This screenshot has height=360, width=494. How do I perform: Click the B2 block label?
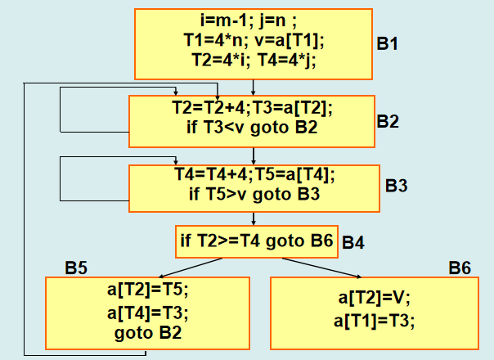pyautogui.click(x=388, y=122)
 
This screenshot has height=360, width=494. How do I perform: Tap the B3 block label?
pyautogui.click(x=396, y=186)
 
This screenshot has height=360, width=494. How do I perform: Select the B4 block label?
pyautogui.click(x=353, y=242)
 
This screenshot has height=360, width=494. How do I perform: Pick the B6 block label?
pyautogui.click(x=459, y=268)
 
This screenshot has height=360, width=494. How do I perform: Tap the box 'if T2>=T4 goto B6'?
pyautogui.click(x=257, y=241)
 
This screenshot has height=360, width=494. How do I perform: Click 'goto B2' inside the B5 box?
pyautogui.click(x=148, y=333)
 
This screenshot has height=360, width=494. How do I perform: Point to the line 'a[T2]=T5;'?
pyautogui.click(x=148, y=290)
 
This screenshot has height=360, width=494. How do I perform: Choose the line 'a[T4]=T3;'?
pyautogui.click(x=148, y=312)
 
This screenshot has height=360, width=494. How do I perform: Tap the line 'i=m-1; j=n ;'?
pyautogui.click(x=253, y=22)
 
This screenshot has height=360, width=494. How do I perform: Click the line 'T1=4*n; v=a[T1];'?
pyautogui.click(x=253, y=40)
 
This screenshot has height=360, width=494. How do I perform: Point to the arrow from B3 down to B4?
pyautogui.click(x=254, y=217)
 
